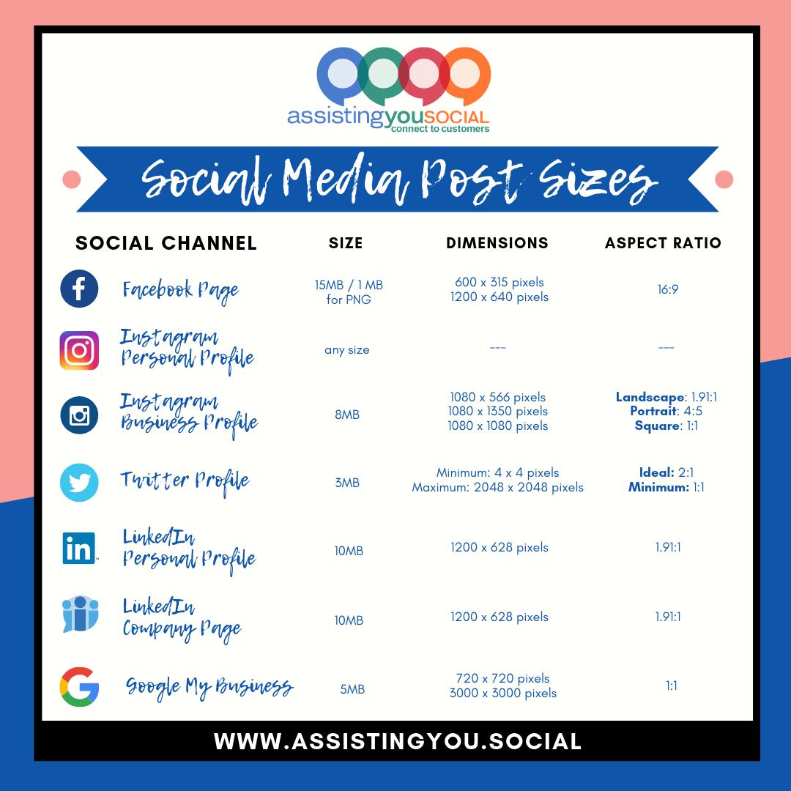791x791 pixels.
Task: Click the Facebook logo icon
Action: (79, 289)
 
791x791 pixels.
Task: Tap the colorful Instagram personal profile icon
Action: (79, 350)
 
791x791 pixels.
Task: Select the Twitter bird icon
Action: (79, 483)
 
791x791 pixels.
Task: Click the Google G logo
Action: (79, 687)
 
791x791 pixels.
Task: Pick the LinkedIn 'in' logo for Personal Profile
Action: (79, 548)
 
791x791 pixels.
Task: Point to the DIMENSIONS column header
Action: (497, 243)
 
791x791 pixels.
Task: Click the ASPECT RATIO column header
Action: (663, 243)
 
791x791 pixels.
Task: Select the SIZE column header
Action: (346, 243)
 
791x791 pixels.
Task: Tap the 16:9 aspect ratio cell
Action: (667, 289)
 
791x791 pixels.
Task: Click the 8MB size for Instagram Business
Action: (347, 415)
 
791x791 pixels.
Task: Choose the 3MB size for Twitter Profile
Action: (347, 483)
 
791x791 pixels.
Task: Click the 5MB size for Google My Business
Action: (352, 689)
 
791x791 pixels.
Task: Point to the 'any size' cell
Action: (347, 350)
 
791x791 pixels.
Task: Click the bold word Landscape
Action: (650, 397)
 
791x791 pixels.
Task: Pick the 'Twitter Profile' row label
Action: (185, 481)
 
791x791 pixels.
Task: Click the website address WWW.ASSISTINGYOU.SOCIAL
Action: (398, 741)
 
